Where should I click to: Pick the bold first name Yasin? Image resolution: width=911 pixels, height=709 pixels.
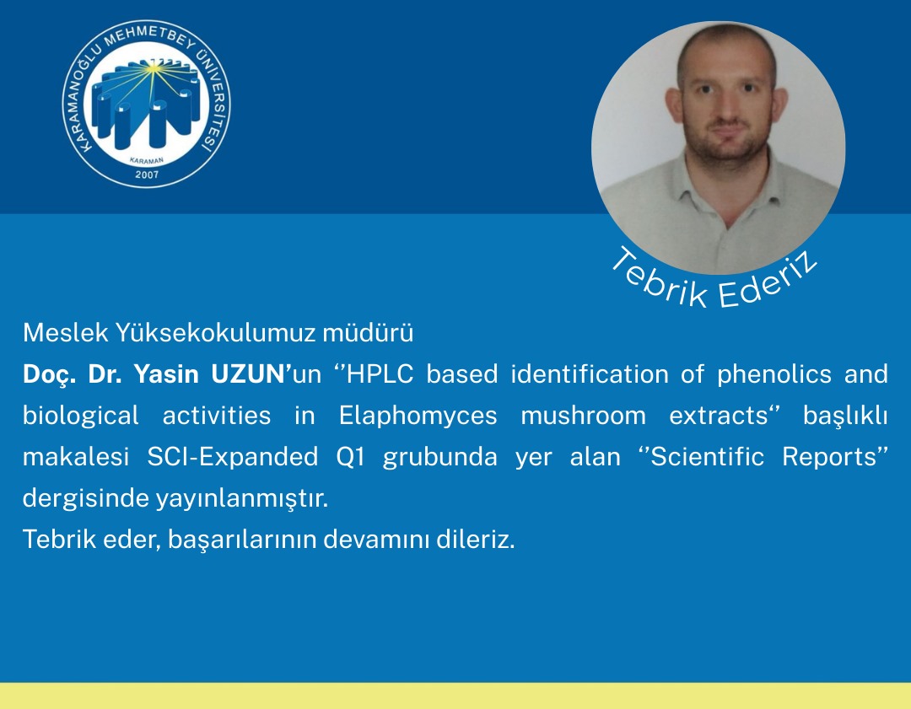169,374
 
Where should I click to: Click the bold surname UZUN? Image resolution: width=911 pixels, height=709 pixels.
247,374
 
